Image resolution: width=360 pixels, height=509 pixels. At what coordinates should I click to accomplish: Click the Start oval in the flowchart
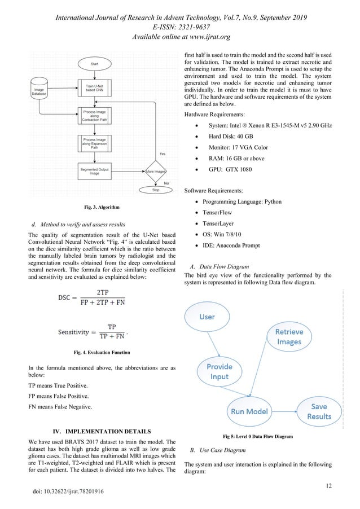(x=94, y=64)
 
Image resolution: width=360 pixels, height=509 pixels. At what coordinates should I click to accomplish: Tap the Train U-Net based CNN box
(x=94, y=88)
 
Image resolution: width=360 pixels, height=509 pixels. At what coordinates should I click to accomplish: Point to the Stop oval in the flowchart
(x=156, y=190)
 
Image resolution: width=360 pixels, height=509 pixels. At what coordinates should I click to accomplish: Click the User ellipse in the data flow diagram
(x=207, y=317)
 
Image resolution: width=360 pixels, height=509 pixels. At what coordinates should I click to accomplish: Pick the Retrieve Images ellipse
(x=288, y=336)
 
